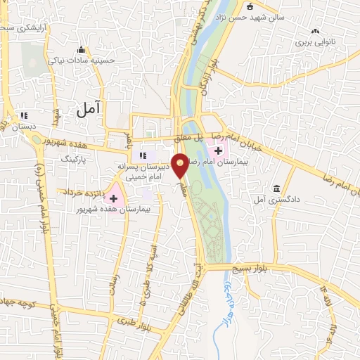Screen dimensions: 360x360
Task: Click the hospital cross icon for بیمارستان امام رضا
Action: point(218,150)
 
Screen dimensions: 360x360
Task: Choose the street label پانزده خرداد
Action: point(79,191)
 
